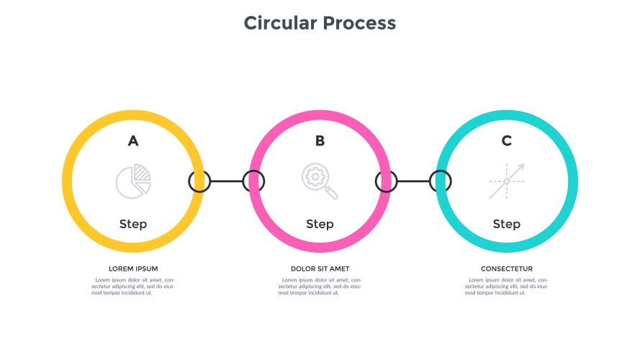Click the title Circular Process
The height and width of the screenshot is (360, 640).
click(x=320, y=23)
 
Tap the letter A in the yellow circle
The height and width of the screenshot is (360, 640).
click(x=133, y=140)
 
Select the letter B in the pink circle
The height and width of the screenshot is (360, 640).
click(x=320, y=140)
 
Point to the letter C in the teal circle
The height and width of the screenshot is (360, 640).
click(x=507, y=140)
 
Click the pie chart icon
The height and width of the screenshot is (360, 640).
click(x=134, y=181)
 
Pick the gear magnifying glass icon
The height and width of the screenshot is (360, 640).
click(x=320, y=181)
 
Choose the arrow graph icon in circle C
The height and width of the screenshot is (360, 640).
click(x=507, y=181)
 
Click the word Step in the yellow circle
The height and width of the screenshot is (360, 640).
click(x=133, y=224)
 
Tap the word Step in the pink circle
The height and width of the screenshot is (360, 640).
click(x=320, y=224)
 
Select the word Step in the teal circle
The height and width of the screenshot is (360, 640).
click(x=507, y=224)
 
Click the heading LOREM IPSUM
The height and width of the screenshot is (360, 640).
click(x=133, y=269)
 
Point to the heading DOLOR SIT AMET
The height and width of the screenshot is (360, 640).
click(x=320, y=269)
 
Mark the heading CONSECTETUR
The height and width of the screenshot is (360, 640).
click(x=507, y=269)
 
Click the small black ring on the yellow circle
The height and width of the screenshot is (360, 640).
click(x=199, y=181)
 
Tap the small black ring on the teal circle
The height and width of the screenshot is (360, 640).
click(x=441, y=181)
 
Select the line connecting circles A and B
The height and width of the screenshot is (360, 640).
click(x=227, y=181)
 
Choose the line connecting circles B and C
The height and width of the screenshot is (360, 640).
click(x=414, y=181)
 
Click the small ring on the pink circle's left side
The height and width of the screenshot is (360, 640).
click(x=253, y=181)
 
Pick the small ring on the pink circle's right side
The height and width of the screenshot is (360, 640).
click(x=387, y=181)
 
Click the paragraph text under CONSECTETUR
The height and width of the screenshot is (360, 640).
click(x=507, y=286)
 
